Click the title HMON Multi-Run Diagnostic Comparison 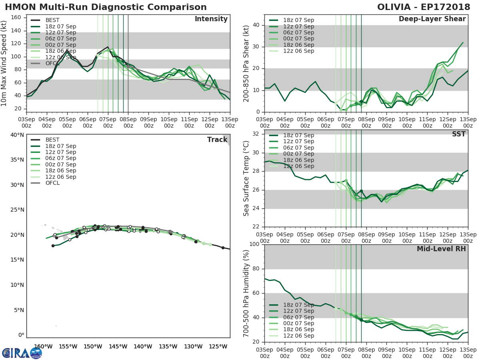(106, 7)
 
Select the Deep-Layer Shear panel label (432, 19)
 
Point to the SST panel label (459, 134)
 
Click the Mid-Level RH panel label (441, 249)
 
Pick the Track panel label (217, 140)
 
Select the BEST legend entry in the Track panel (52, 140)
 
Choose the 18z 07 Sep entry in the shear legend (298, 20)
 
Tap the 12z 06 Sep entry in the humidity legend (298, 336)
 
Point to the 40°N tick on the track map (17, 134)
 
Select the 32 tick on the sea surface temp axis (258, 134)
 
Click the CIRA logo (22, 353)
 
